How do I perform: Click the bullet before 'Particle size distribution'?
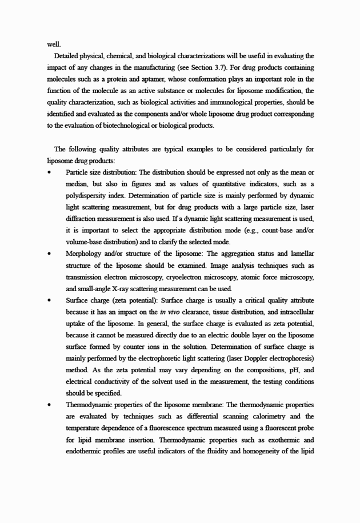[x=51, y=172]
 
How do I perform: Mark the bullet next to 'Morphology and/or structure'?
[x=51, y=254]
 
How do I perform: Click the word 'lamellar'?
[x=299, y=254]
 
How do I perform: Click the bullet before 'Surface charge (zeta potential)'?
[x=51, y=301]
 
